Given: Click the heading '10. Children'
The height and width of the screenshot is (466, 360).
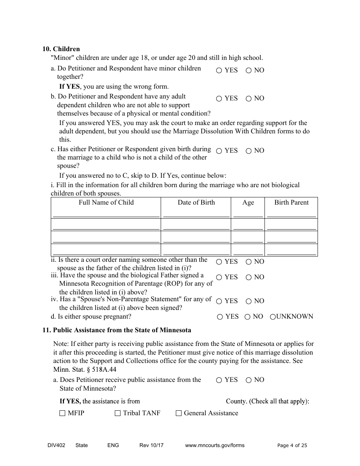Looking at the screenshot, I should click(x=61, y=49).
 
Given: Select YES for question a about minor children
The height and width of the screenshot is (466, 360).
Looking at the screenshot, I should click(x=219, y=70).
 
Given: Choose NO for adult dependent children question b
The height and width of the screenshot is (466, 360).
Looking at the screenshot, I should click(x=249, y=99).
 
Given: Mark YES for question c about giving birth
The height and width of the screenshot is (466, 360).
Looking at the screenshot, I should click(x=219, y=151).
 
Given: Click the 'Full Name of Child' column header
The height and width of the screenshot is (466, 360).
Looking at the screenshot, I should click(x=106, y=202).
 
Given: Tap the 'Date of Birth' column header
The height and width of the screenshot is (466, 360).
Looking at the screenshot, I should click(x=196, y=202).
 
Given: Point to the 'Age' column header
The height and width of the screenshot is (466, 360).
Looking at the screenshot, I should click(x=248, y=203).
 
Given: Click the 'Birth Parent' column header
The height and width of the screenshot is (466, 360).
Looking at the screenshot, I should click(x=291, y=202).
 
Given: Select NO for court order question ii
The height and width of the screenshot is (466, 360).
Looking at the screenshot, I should click(x=249, y=262).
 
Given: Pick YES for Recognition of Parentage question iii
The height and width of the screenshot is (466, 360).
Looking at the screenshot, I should click(x=219, y=277).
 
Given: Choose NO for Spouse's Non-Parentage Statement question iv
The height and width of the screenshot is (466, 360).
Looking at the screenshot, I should click(x=249, y=301).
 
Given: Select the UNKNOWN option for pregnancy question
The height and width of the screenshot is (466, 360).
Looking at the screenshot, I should click(x=272, y=317).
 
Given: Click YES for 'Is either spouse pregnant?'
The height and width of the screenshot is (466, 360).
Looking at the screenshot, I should click(x=220, y=317).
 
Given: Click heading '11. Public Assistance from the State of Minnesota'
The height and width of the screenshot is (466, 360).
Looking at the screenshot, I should click(x=117, y=330).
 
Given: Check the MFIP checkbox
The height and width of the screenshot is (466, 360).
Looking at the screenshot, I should click(x=63, y=413).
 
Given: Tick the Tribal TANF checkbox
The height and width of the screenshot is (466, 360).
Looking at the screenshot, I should click(x=117, y=413).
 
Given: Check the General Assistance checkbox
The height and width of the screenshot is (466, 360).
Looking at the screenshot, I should click(x=178, y=413).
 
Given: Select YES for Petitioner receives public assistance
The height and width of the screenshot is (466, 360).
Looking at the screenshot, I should click(x=219, y=380).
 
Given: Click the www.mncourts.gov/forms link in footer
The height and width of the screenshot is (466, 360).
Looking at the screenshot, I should click(x=214, y=445).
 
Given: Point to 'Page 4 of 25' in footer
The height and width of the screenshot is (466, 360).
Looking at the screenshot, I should click(x=292, y=446).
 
